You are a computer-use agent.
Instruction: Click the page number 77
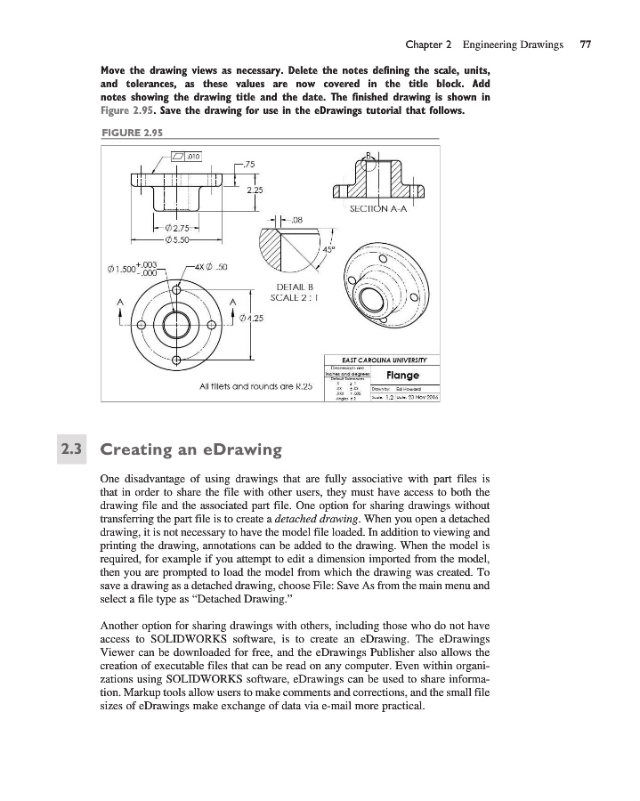pos(585,43)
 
